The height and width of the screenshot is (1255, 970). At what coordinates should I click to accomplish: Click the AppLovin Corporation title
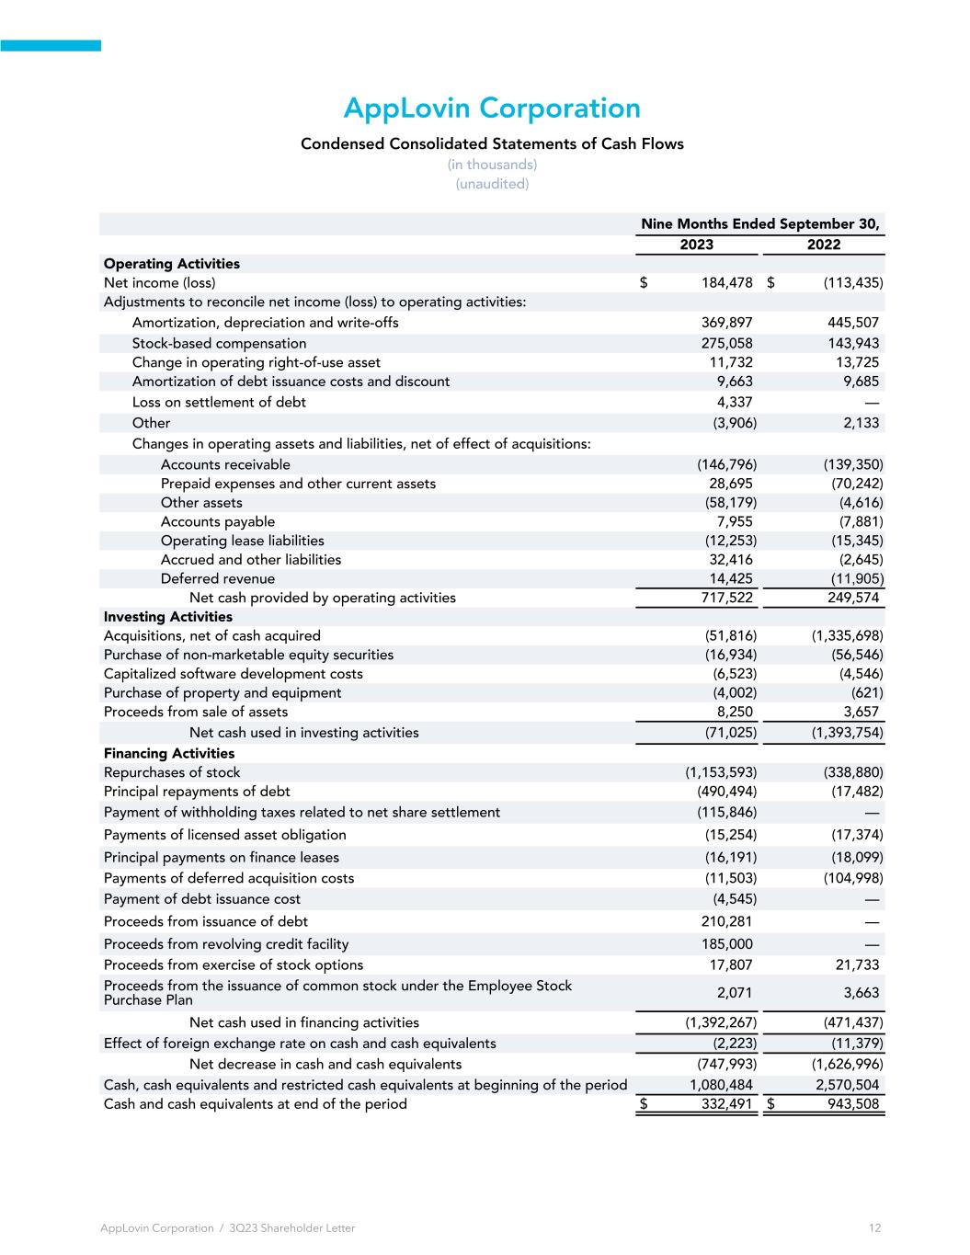[491, 108]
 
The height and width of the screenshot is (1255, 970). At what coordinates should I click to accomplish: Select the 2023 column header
[696, 245]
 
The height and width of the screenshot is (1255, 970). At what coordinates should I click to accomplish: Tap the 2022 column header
[824, 245]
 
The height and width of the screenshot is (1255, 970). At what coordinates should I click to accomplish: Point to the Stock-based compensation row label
[219, 343]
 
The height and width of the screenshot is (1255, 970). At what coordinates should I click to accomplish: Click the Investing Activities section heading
[168, 617]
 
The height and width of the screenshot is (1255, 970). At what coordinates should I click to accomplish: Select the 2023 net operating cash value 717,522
[726, 598]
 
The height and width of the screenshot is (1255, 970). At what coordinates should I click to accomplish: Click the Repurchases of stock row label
[172, 772]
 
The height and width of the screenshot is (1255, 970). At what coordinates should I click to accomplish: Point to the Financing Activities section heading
[169, 753]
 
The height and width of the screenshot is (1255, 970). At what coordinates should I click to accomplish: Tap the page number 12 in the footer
[874, 1228]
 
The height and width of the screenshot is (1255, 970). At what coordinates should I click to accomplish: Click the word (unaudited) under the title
[492, 184]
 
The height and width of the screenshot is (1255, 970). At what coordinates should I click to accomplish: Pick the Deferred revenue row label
[218, 578]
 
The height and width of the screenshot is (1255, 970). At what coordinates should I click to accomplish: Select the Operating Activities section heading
[172, 264]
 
